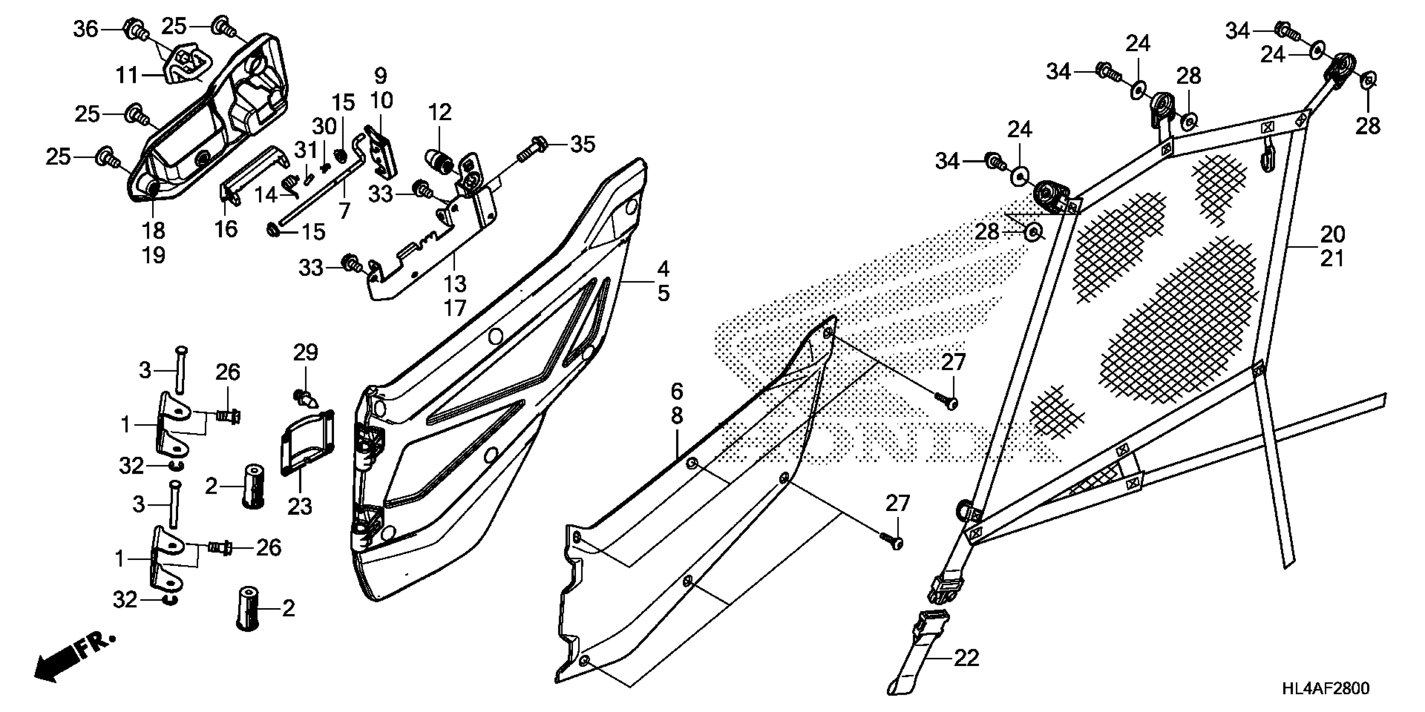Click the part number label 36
(86, 29)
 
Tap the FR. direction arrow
(75, 658)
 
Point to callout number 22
(966, 658)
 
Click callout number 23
(300, 506)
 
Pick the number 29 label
(306, 353)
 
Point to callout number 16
(226, 228)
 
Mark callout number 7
(345, 210)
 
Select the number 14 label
(266, 195)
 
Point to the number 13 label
(455, 284)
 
